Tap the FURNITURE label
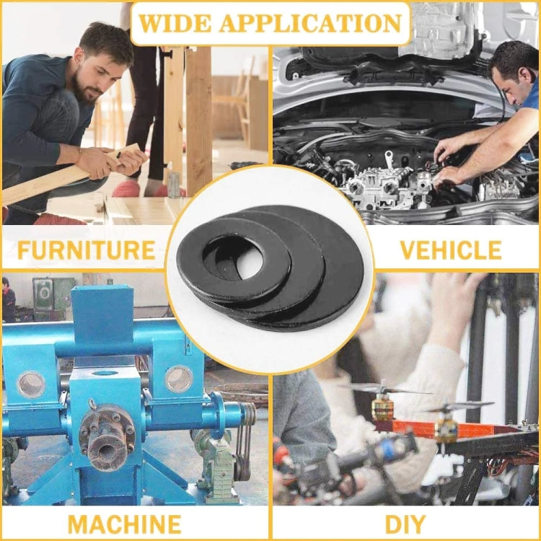click(x=86, y=250)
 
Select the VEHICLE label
click(x=450, y=250)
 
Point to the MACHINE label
click(x=124, y=523)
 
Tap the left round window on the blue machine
click(x=31, y=384)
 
